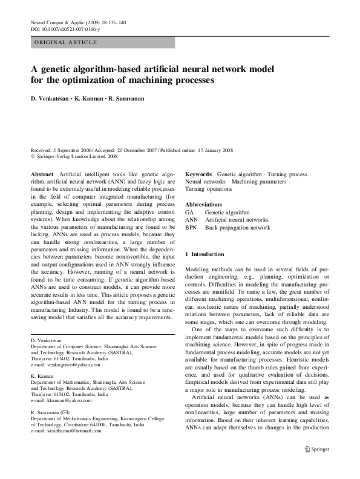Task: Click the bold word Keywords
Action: [198, 174]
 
